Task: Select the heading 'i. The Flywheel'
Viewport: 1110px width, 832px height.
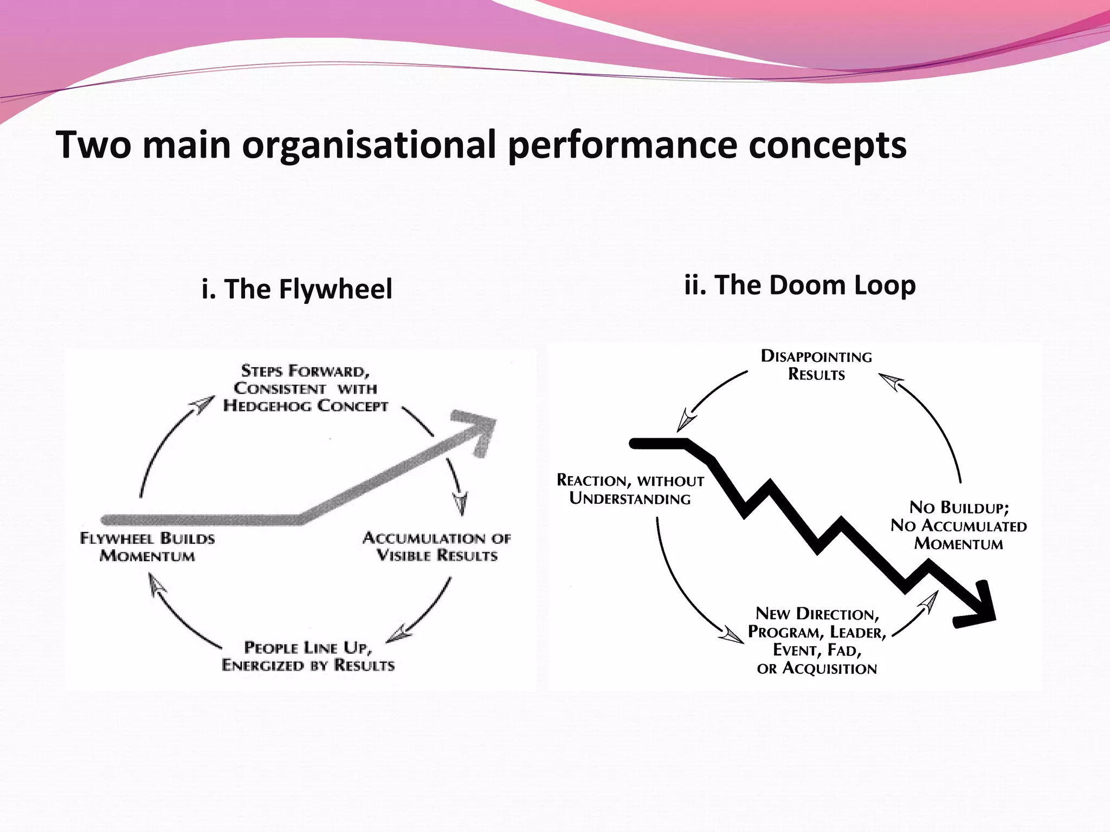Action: [x=296, y=288]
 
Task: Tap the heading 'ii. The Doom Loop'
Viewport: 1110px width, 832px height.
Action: [x=799, y=285]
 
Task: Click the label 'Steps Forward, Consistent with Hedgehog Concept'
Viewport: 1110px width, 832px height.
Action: [x=305, y=388]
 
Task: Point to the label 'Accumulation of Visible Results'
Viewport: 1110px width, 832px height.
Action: [x=436, y=547]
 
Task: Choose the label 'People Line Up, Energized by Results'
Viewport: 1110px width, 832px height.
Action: [x=308, y=656]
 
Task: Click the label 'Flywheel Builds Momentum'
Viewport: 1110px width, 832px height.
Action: [x=147, y=547]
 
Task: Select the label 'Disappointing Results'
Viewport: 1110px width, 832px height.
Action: [x=816, y=366]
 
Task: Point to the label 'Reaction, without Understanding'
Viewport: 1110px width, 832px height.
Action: [x=630, y=489]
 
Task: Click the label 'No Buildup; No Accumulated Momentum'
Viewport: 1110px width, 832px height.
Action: [x=958, y=525]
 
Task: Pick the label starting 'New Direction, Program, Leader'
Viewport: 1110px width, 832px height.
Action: [x=817, y=641]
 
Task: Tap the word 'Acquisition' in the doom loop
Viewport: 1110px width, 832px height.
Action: [x=829, y=668]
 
